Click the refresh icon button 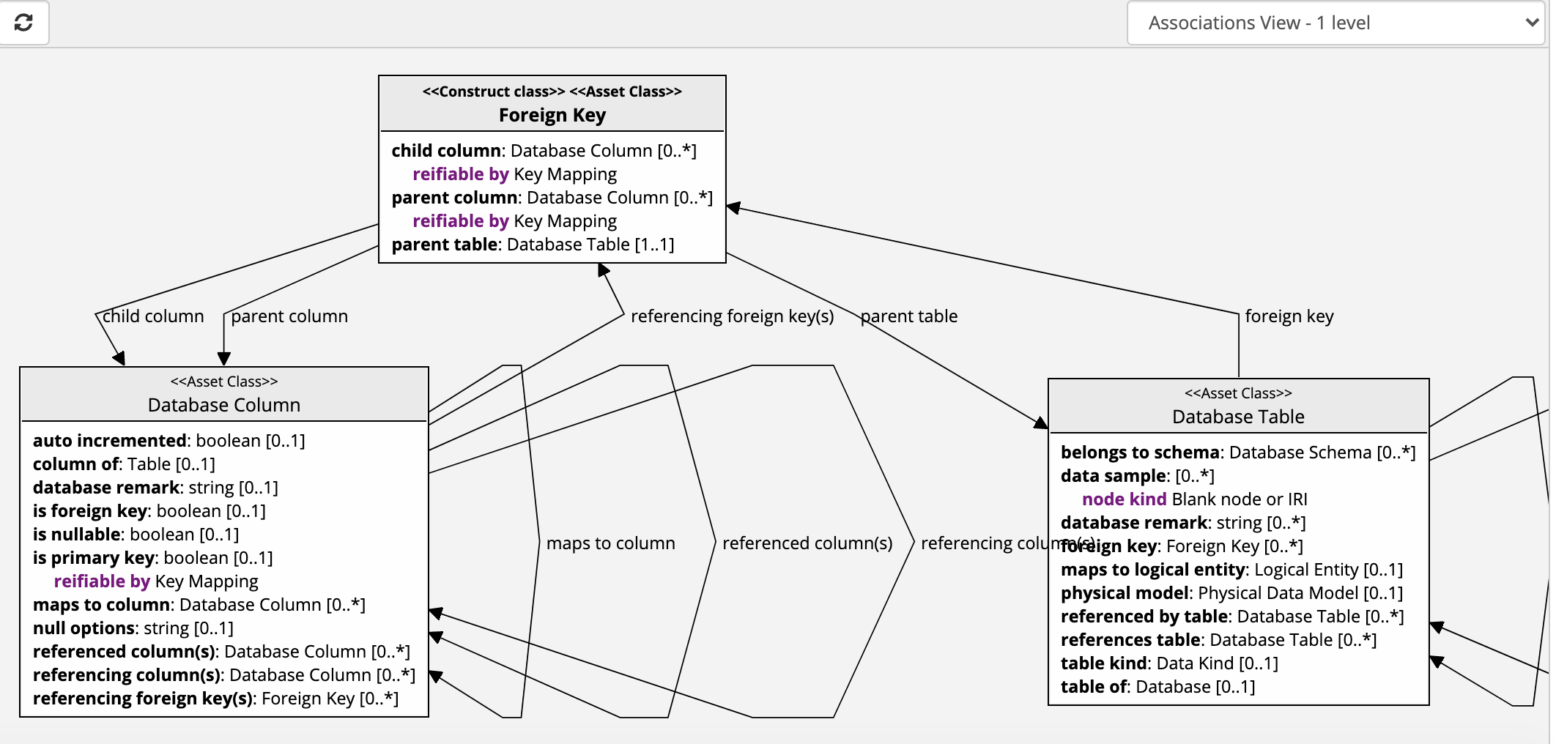(x=23, y=23)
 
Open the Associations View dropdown (x=1335, y=23)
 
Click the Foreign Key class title (x=552, y=115)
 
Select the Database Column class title (x=224, y=405)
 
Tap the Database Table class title (x=1238, y=417)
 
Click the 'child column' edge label (x=153, y=316)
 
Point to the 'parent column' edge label (x=289, y=316)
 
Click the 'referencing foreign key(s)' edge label (x=732, y=316)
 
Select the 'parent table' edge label (x=909, y=316)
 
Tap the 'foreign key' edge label (x=1289, y=316)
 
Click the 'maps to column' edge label (x=611, y=543)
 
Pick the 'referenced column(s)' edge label (x=807, y=543)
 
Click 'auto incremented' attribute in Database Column (x=110, y=441)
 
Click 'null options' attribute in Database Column (x=84, y=628)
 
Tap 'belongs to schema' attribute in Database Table (x=1140, y=453)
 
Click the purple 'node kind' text (x=1124, y=499)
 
